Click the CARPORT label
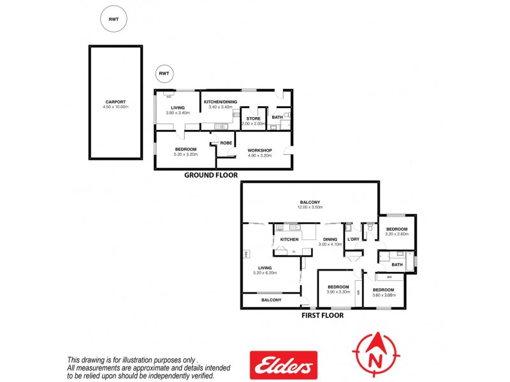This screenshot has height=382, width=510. click(115, 102)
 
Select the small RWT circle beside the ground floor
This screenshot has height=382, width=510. click(164, 74)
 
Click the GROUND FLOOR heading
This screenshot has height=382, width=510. click(211, 174)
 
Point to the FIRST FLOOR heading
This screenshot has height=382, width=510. click(322, 315)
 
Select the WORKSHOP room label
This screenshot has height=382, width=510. click(259, 150)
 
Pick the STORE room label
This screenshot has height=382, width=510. click(253, 118)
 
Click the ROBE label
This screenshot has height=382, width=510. click(226, 143)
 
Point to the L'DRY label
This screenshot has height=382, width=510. click(353, 239)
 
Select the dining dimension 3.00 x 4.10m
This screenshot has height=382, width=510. click(330, 244)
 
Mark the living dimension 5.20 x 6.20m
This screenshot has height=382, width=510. click(265, 273)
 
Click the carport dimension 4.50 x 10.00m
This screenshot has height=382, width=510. click(115, 107)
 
